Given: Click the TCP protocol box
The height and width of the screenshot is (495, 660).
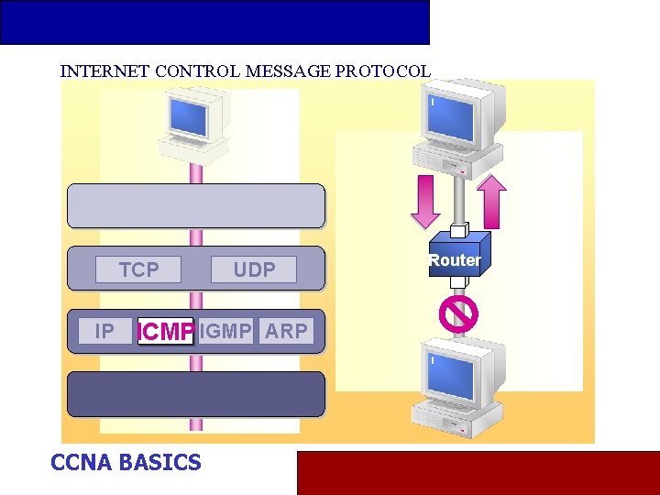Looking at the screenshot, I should (138, 269).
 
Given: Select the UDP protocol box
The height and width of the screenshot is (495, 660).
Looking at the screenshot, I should (254, 269).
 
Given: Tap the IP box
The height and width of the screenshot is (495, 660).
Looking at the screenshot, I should (104, 331).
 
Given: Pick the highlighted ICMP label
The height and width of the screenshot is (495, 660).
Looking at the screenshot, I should (165, 332).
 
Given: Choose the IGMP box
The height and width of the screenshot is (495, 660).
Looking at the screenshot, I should (225, 331).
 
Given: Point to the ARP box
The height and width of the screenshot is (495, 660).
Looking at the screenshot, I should (286, 331).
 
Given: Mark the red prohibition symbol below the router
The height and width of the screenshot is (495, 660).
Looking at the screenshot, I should (457, 313).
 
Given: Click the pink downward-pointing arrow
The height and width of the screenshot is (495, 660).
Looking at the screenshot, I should (425, 201).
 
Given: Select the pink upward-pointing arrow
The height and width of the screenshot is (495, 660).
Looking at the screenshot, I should (492, 201).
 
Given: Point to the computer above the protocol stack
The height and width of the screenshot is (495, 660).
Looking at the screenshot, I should (193, 121).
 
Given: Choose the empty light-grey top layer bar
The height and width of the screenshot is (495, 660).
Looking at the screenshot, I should (195, 206).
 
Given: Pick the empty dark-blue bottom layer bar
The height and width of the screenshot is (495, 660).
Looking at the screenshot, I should (195, 394).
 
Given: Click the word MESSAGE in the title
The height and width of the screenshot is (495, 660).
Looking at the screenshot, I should (284, 71).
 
